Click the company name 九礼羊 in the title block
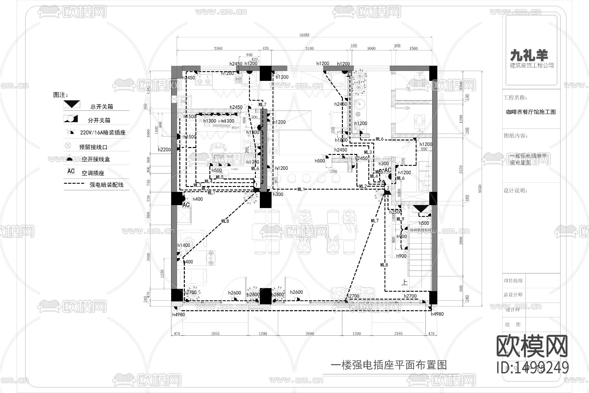529,55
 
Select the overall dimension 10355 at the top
304,35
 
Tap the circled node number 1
257,185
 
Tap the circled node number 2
387,188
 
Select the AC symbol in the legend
71,171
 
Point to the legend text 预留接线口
93,147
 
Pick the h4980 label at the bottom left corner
179,314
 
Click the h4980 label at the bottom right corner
437,314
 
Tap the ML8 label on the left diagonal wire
225,221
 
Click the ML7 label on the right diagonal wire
375,221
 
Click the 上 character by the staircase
404,282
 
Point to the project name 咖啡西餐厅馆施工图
531,112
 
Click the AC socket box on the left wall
186,205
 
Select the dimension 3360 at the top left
218,48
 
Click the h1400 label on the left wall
184,245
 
